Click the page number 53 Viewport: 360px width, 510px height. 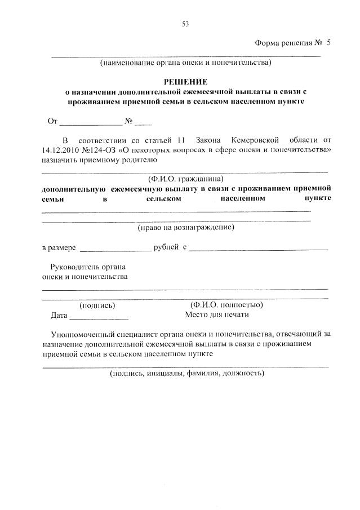click(185, 23)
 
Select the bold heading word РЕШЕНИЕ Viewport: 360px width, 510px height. click(185, 82)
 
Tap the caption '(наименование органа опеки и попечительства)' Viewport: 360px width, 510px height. click(185, 63)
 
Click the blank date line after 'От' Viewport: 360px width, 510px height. click(91, 121)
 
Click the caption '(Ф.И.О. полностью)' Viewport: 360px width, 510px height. click(227, 305)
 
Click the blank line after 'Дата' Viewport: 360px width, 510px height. click(99, 316)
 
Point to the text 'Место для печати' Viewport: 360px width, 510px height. click(216, 315)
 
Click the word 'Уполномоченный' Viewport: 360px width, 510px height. click(83, 334)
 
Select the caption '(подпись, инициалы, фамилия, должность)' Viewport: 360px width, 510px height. click(186, 373)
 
